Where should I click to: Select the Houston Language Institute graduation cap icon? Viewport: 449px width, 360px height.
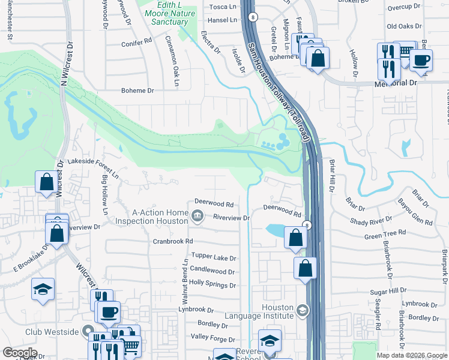302,311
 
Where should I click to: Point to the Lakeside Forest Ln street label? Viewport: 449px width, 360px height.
93,162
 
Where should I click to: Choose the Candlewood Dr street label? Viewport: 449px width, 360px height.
213,271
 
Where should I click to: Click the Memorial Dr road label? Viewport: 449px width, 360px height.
396,82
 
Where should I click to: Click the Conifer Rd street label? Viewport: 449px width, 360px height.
136,43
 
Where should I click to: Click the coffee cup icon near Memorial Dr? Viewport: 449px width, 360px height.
421,60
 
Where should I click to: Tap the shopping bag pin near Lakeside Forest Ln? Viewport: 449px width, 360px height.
46,181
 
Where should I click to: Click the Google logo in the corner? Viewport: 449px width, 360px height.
20,353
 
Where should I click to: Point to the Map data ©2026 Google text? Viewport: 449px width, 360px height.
412,355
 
